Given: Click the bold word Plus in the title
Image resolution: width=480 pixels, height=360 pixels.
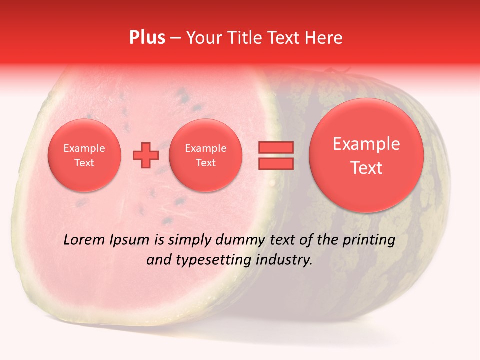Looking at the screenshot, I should coord(147,38).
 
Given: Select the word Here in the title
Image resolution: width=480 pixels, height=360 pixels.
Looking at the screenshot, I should coord(324,38).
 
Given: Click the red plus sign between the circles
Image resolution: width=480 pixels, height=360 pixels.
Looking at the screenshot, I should coord(146,155).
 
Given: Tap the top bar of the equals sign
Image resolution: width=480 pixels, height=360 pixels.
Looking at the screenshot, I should coord(275,147).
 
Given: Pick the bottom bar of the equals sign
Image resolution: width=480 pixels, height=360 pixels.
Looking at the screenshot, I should coord(275,164).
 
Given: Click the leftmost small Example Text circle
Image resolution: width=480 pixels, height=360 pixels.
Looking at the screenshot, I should coord(84,155).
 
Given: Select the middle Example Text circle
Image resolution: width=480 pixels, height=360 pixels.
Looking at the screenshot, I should coord(206,155).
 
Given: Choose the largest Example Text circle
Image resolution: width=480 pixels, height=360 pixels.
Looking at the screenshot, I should coord(366,155).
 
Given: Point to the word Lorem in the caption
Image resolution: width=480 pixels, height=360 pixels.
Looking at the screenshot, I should coord(84,240).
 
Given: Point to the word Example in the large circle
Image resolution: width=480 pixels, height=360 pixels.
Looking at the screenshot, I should coord(366,144).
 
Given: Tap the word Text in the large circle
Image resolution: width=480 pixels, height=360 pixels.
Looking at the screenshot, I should coord(366,168).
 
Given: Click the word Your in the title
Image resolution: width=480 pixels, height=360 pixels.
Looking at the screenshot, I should coord(203,38).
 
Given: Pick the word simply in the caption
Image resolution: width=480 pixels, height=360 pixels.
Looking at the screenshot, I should coord(190,240).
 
